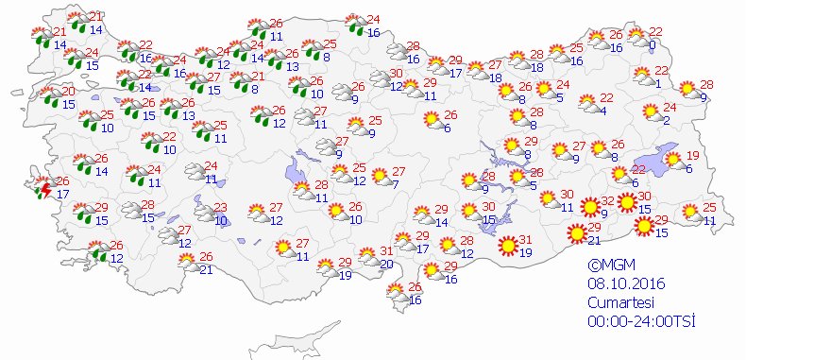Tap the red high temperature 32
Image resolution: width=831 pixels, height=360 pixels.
(x=607, y=200)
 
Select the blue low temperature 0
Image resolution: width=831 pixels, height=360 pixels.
(x=653, y=44)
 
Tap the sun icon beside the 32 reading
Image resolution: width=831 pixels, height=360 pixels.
(x=589, y=206)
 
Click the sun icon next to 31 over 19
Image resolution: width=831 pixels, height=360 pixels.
(x=509, y=245)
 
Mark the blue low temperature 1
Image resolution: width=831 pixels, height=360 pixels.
(x=657, y=83)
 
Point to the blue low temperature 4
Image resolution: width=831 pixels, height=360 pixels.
(x=602, y=111)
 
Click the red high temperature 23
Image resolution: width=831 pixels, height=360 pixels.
(x=219, y=208)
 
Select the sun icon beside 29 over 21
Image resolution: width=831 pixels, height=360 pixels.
(x=575, y=232)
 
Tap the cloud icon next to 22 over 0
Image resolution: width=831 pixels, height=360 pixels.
(x=636, y=38)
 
